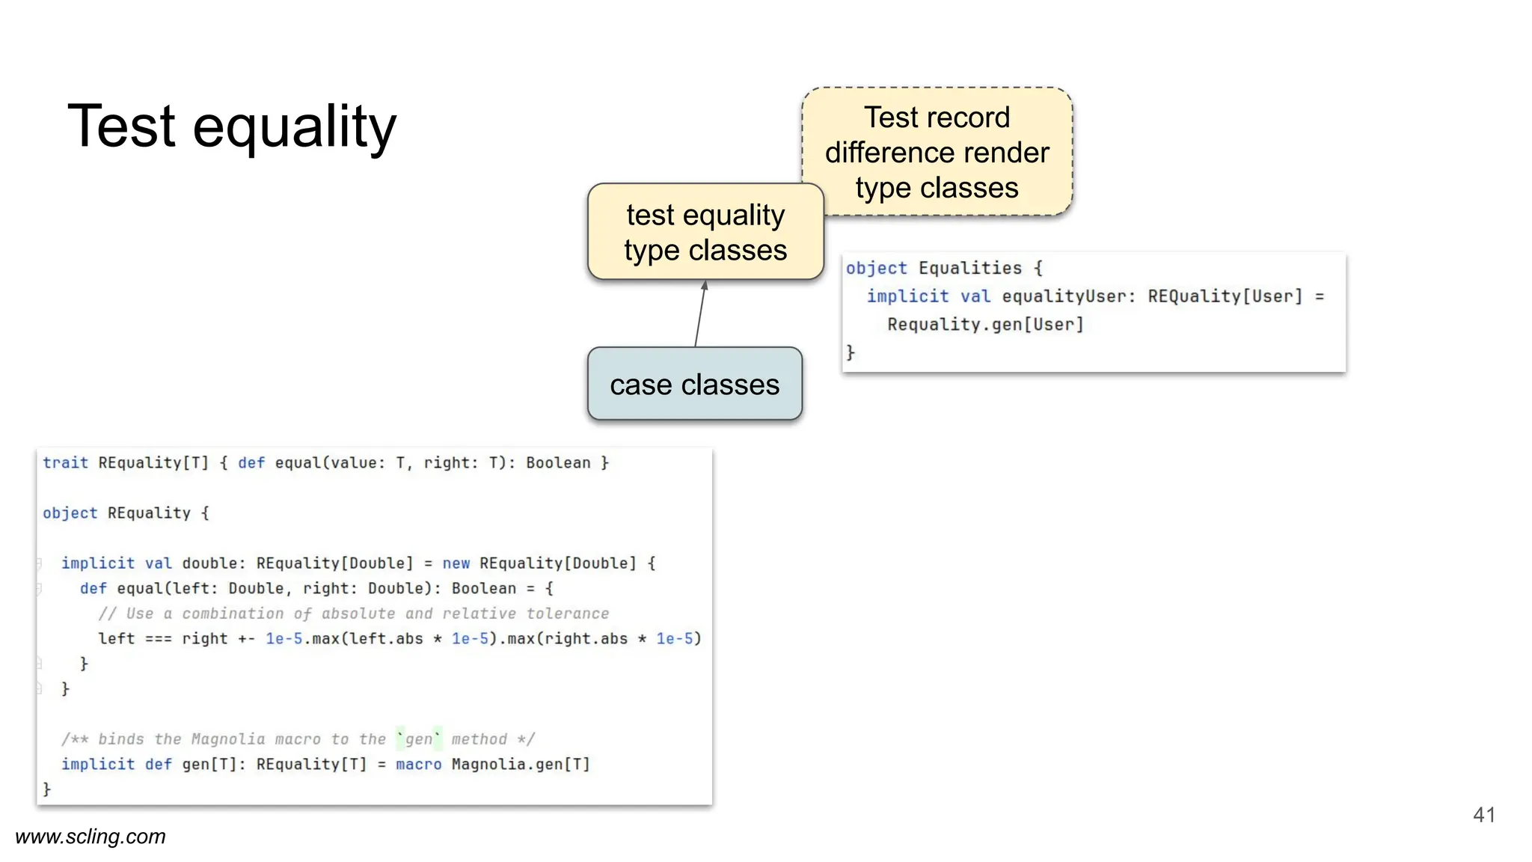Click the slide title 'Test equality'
(x=232, y=126)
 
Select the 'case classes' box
(x=694, y=385)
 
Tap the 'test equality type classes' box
(x=705, y=232)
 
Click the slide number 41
(x=1483, y=815)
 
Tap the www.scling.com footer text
(x=91, y=837)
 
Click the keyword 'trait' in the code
(x=65, y=463)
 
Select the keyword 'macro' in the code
(x=418, y=764)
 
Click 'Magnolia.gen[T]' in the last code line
(x=521, y=764)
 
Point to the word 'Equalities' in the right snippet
(x=969, y=268)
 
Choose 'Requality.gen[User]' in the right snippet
(x=985, y=324)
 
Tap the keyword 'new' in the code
(x=456, y=563)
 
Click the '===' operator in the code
(x=158, y=639)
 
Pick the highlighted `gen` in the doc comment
(x=419, y=739)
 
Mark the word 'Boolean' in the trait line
(x=557, y=463)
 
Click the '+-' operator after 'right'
(x=246, y=639)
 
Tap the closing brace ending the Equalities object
(x=851, y=352)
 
